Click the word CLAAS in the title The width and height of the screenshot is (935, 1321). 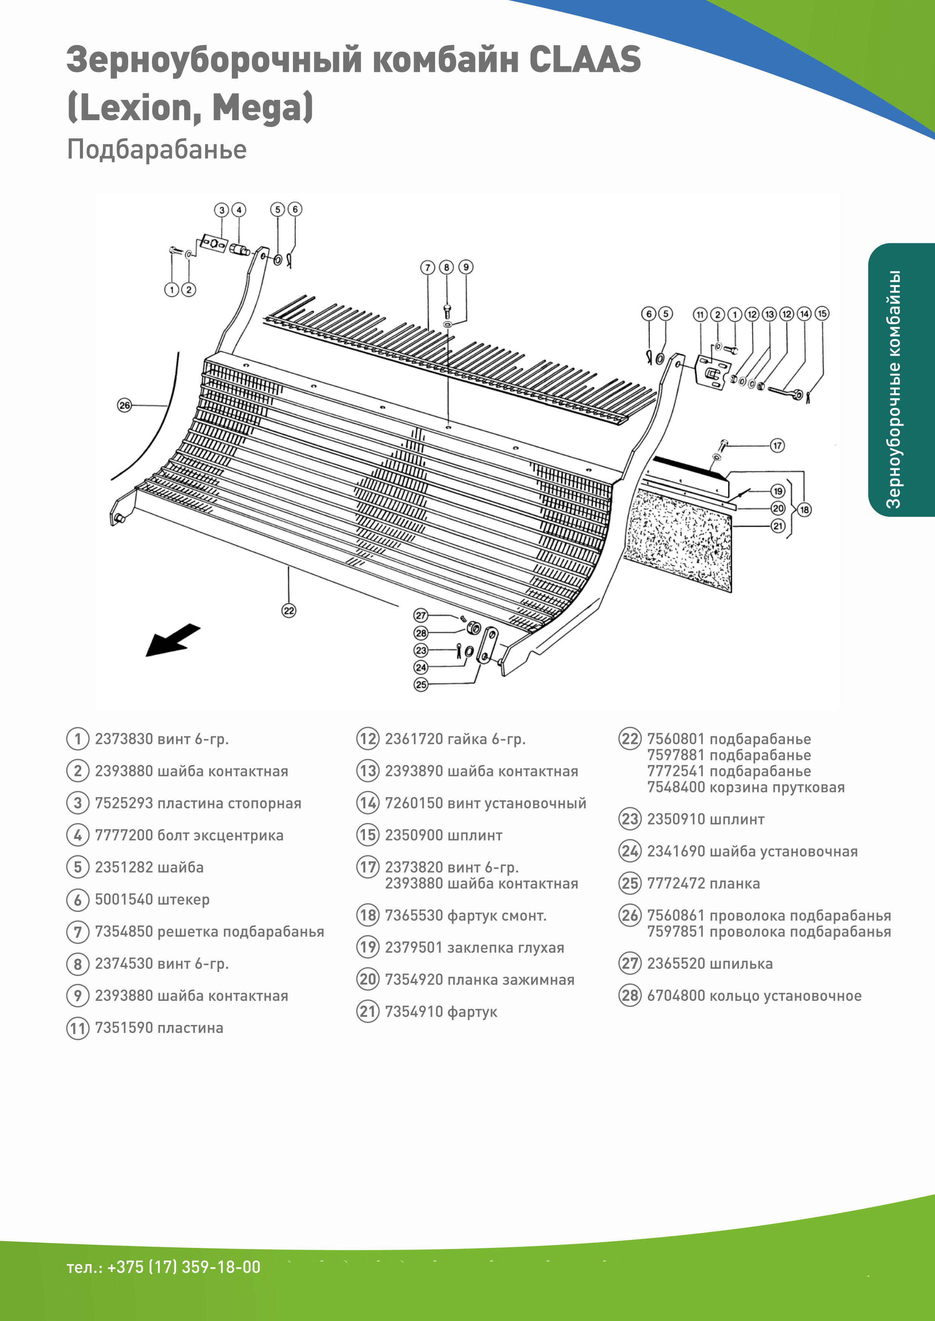584,60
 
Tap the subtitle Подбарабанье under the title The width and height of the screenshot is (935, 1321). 156,150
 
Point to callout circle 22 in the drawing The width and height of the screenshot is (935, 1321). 288,611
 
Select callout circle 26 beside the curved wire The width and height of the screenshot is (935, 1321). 124,405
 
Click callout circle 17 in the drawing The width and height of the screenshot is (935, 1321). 777,445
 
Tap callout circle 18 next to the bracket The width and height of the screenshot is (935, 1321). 804,509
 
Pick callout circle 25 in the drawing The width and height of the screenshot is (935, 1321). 421,685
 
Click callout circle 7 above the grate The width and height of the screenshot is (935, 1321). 427,267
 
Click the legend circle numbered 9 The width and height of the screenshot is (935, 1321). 78,996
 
